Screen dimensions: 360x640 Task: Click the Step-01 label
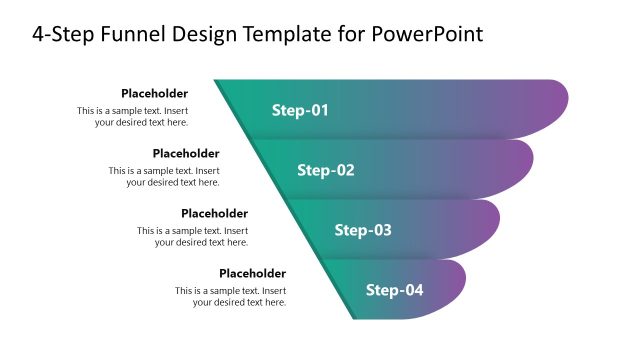tap(300, 110)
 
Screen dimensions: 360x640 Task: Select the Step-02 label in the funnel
tap(326, 170)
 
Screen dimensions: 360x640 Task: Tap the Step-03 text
tap(363, 230)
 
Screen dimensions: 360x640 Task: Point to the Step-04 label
tap(395, 290)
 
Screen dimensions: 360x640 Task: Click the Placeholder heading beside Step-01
tap(154, 93)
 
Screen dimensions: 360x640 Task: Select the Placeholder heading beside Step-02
tap(186, 153)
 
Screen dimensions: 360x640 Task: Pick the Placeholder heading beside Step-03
tap(214, 213)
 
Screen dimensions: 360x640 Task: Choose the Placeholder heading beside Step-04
tap(252, 273)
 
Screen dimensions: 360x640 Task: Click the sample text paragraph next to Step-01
tap(133, 116)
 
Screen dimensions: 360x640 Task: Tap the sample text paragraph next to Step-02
tap(165, 176)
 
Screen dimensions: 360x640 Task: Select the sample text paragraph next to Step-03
tap(193, 236)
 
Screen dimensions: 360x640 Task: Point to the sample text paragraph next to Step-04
tap(231, 296)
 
